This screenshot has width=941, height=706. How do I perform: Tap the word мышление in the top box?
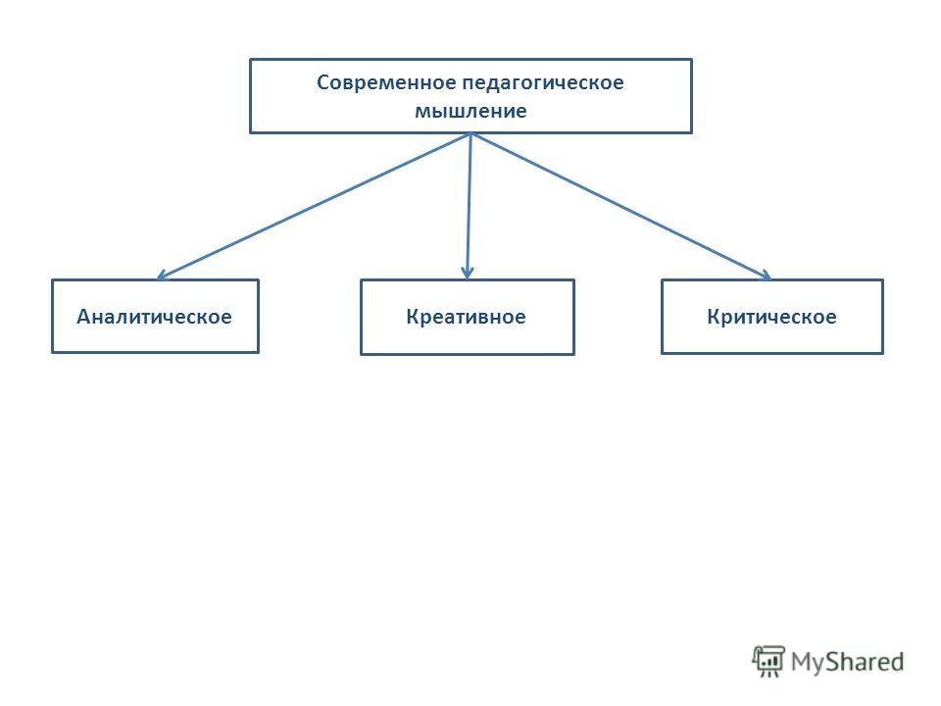click(x=470, y=111)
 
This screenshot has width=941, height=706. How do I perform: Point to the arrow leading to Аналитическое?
click(x=313, y=207)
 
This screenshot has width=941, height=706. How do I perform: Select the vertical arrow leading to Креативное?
click(x=469, y=207)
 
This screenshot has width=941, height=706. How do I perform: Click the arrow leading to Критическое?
click(x=621, y=207)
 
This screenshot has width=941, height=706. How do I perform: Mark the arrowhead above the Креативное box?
click(x=468, y=273)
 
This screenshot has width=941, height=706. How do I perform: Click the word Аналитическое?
click(x=154, y=317)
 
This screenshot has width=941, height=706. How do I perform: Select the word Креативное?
click(x=466, y=317)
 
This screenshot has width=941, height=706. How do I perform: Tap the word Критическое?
click(x=771, y=317)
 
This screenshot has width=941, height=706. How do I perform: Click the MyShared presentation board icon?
click(x=768, y=662)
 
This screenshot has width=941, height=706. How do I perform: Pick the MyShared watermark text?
click(x=847, y=662)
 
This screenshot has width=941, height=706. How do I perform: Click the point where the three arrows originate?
click(x=471, y=134)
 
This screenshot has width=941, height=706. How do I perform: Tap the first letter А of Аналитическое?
click(x=84, y=317)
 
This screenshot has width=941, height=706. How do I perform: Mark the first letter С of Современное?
click(x=322, y=82)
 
